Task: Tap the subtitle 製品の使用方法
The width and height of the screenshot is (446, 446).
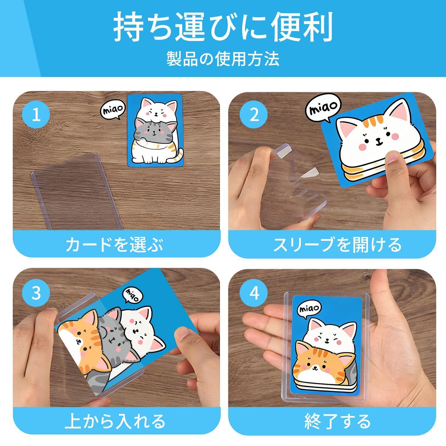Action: click(x=223, y=59)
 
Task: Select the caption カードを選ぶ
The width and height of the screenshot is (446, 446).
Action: click(x=115, y=244)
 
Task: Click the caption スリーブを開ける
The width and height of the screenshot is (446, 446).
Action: click(x=337, y=244)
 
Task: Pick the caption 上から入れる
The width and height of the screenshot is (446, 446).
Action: click(x=115, y=421)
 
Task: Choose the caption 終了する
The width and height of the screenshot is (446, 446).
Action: click(x=338, y=421)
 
